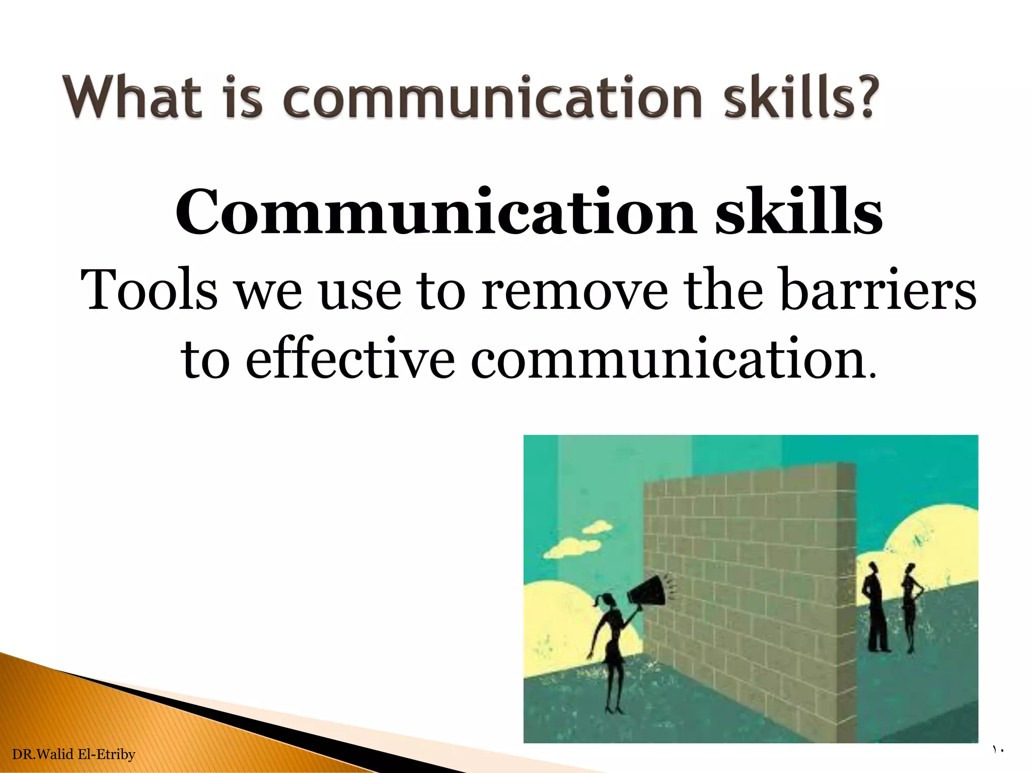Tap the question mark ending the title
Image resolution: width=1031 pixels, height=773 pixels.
[x=864, y=97]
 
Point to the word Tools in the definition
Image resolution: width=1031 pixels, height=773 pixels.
[x=149, y=290]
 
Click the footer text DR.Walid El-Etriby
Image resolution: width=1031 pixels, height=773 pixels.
[x=73, y=754]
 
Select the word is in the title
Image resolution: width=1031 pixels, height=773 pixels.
[x=243, y=97]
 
